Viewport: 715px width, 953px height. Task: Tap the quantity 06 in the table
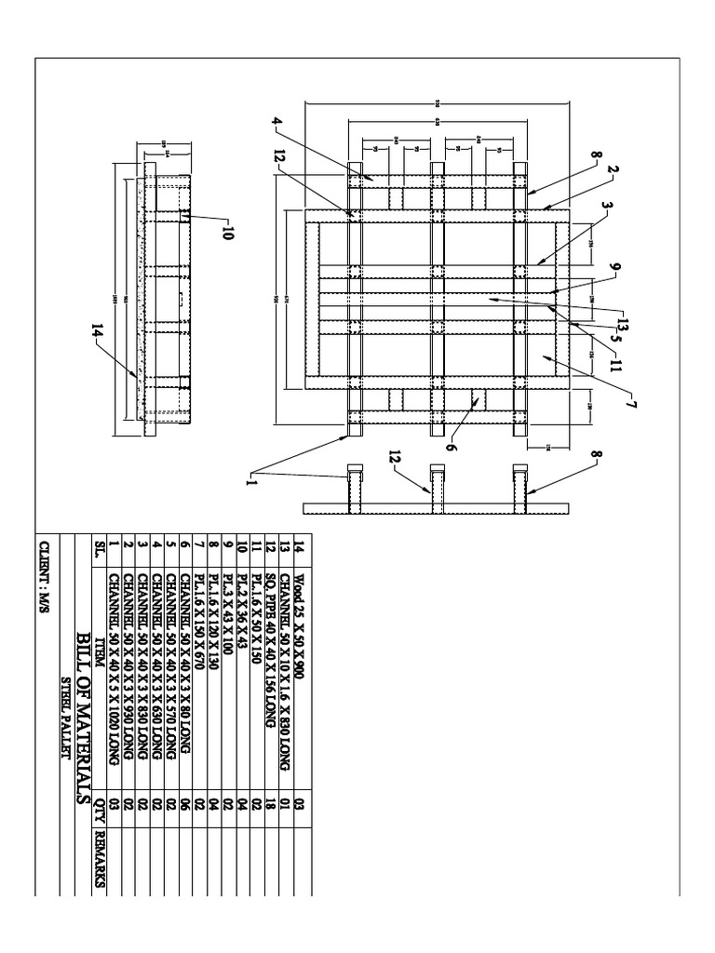pyautogui.click(x=188, y=810)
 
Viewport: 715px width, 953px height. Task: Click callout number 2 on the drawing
pyautogui.click(x=613, y=170)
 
